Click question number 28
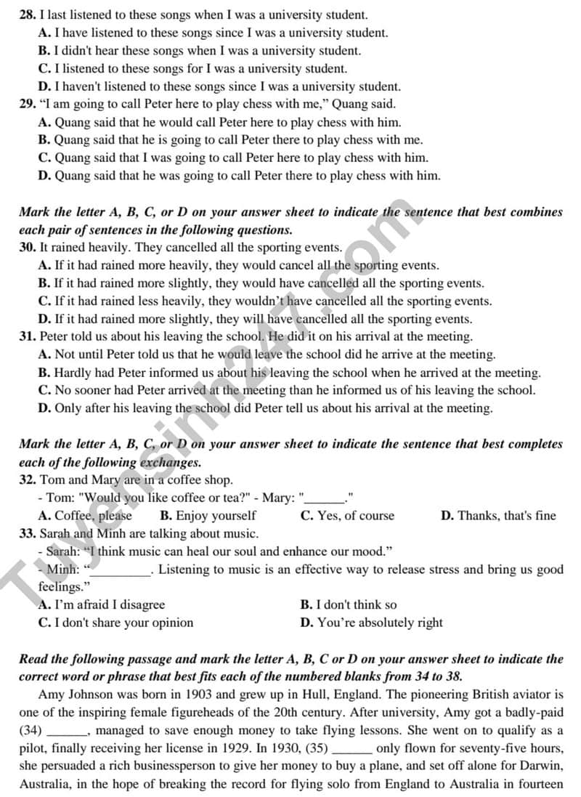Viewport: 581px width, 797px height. pyautogui.click(x=28, y=15)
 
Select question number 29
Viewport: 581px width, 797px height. pyautogui.click(x=28, y=104)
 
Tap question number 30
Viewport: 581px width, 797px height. pyautogui.click(x=28, y=247)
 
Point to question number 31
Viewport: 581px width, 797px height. pyautogui.click(x=28, y=336)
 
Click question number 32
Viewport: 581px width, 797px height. pyautogui.click(x=28, y=480)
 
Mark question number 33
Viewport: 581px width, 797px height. pyautogui.click(x=28, y=533)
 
